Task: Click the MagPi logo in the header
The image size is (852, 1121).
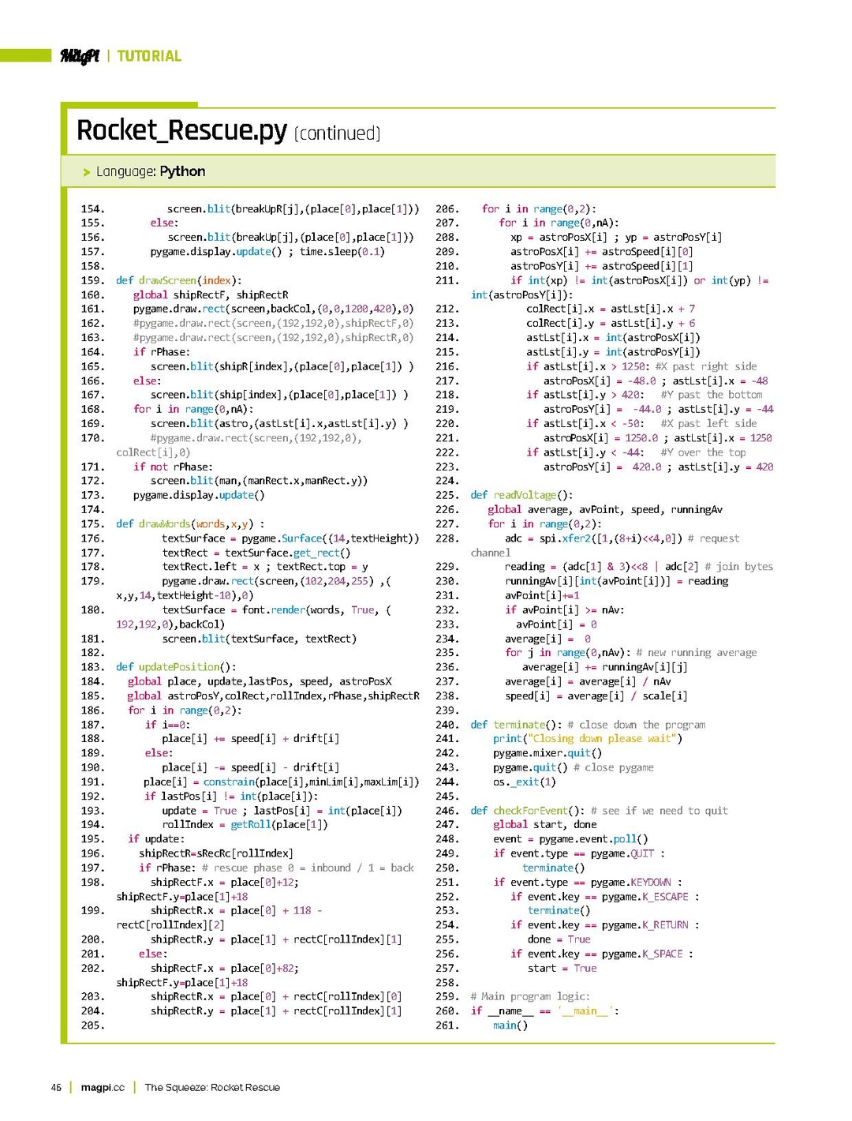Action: click(80, 56)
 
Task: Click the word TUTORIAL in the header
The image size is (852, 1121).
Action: click(149, 56)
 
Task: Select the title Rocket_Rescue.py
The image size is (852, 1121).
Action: click(181, 130)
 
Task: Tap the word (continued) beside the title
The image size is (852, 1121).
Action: click(337, 133)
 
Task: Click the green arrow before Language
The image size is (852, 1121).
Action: click(87, 172)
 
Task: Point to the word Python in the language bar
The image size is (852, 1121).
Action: click(182, 171)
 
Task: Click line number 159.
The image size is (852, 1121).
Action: click(92, 280)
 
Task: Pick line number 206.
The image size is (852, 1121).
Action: click(447, 209)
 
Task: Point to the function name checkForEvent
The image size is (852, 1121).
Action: click(531, 811)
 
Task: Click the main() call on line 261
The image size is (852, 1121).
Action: click(510, 1025)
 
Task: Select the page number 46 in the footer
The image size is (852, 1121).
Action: click(56, 1087)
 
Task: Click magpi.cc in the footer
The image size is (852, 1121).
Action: click(103, 1087)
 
